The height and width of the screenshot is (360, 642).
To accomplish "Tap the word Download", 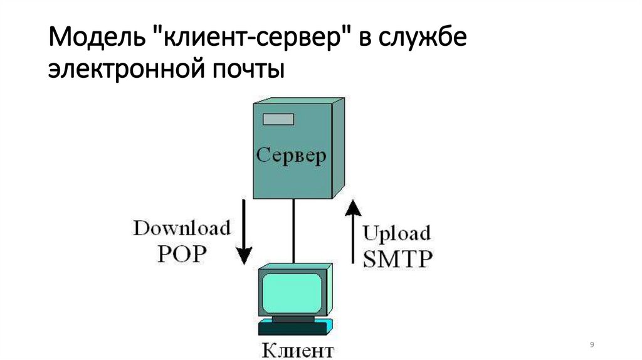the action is click(x=181, y=228).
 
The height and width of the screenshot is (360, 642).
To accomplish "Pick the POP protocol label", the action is click(x=181, y=254).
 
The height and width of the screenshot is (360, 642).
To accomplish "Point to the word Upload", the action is click(x=397, y=234).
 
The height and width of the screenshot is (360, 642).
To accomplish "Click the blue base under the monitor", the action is click(x=293, y=327).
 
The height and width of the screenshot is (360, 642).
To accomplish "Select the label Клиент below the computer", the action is click(x=298, y=349).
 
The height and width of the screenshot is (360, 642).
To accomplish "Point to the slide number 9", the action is click(x=592, y=346).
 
